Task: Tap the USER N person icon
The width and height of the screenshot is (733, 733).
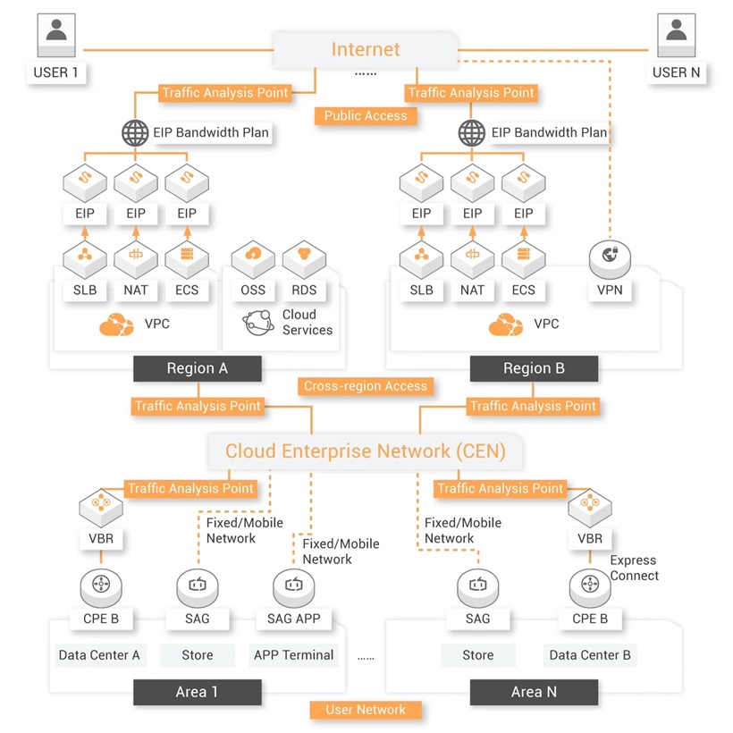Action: (677, 35)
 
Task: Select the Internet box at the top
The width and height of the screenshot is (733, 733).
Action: (366, 50)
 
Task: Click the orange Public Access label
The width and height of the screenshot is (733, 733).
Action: (365, 115)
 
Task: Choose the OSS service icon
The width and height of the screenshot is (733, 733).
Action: (253, 257)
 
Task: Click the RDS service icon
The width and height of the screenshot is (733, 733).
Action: (304, 257)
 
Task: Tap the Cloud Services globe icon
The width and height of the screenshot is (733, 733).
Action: (259, 323)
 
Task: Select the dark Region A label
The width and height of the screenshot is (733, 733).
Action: (197, 368)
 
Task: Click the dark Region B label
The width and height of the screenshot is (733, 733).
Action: (534, 368)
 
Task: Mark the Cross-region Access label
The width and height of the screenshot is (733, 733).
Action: (366, 386)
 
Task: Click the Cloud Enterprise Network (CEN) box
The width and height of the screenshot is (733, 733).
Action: (365, 451)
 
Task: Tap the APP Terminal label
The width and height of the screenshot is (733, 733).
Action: (294, 655)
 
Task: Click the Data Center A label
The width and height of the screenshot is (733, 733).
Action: (99, 655)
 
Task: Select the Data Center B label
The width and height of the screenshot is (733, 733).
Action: (590, 655)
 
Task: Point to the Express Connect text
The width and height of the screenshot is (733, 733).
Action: (634, 569)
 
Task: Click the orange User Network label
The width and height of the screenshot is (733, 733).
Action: (365, 710)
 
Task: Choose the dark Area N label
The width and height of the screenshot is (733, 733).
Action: (534, 692)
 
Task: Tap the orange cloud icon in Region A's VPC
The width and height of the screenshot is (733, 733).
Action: (116, 324)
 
